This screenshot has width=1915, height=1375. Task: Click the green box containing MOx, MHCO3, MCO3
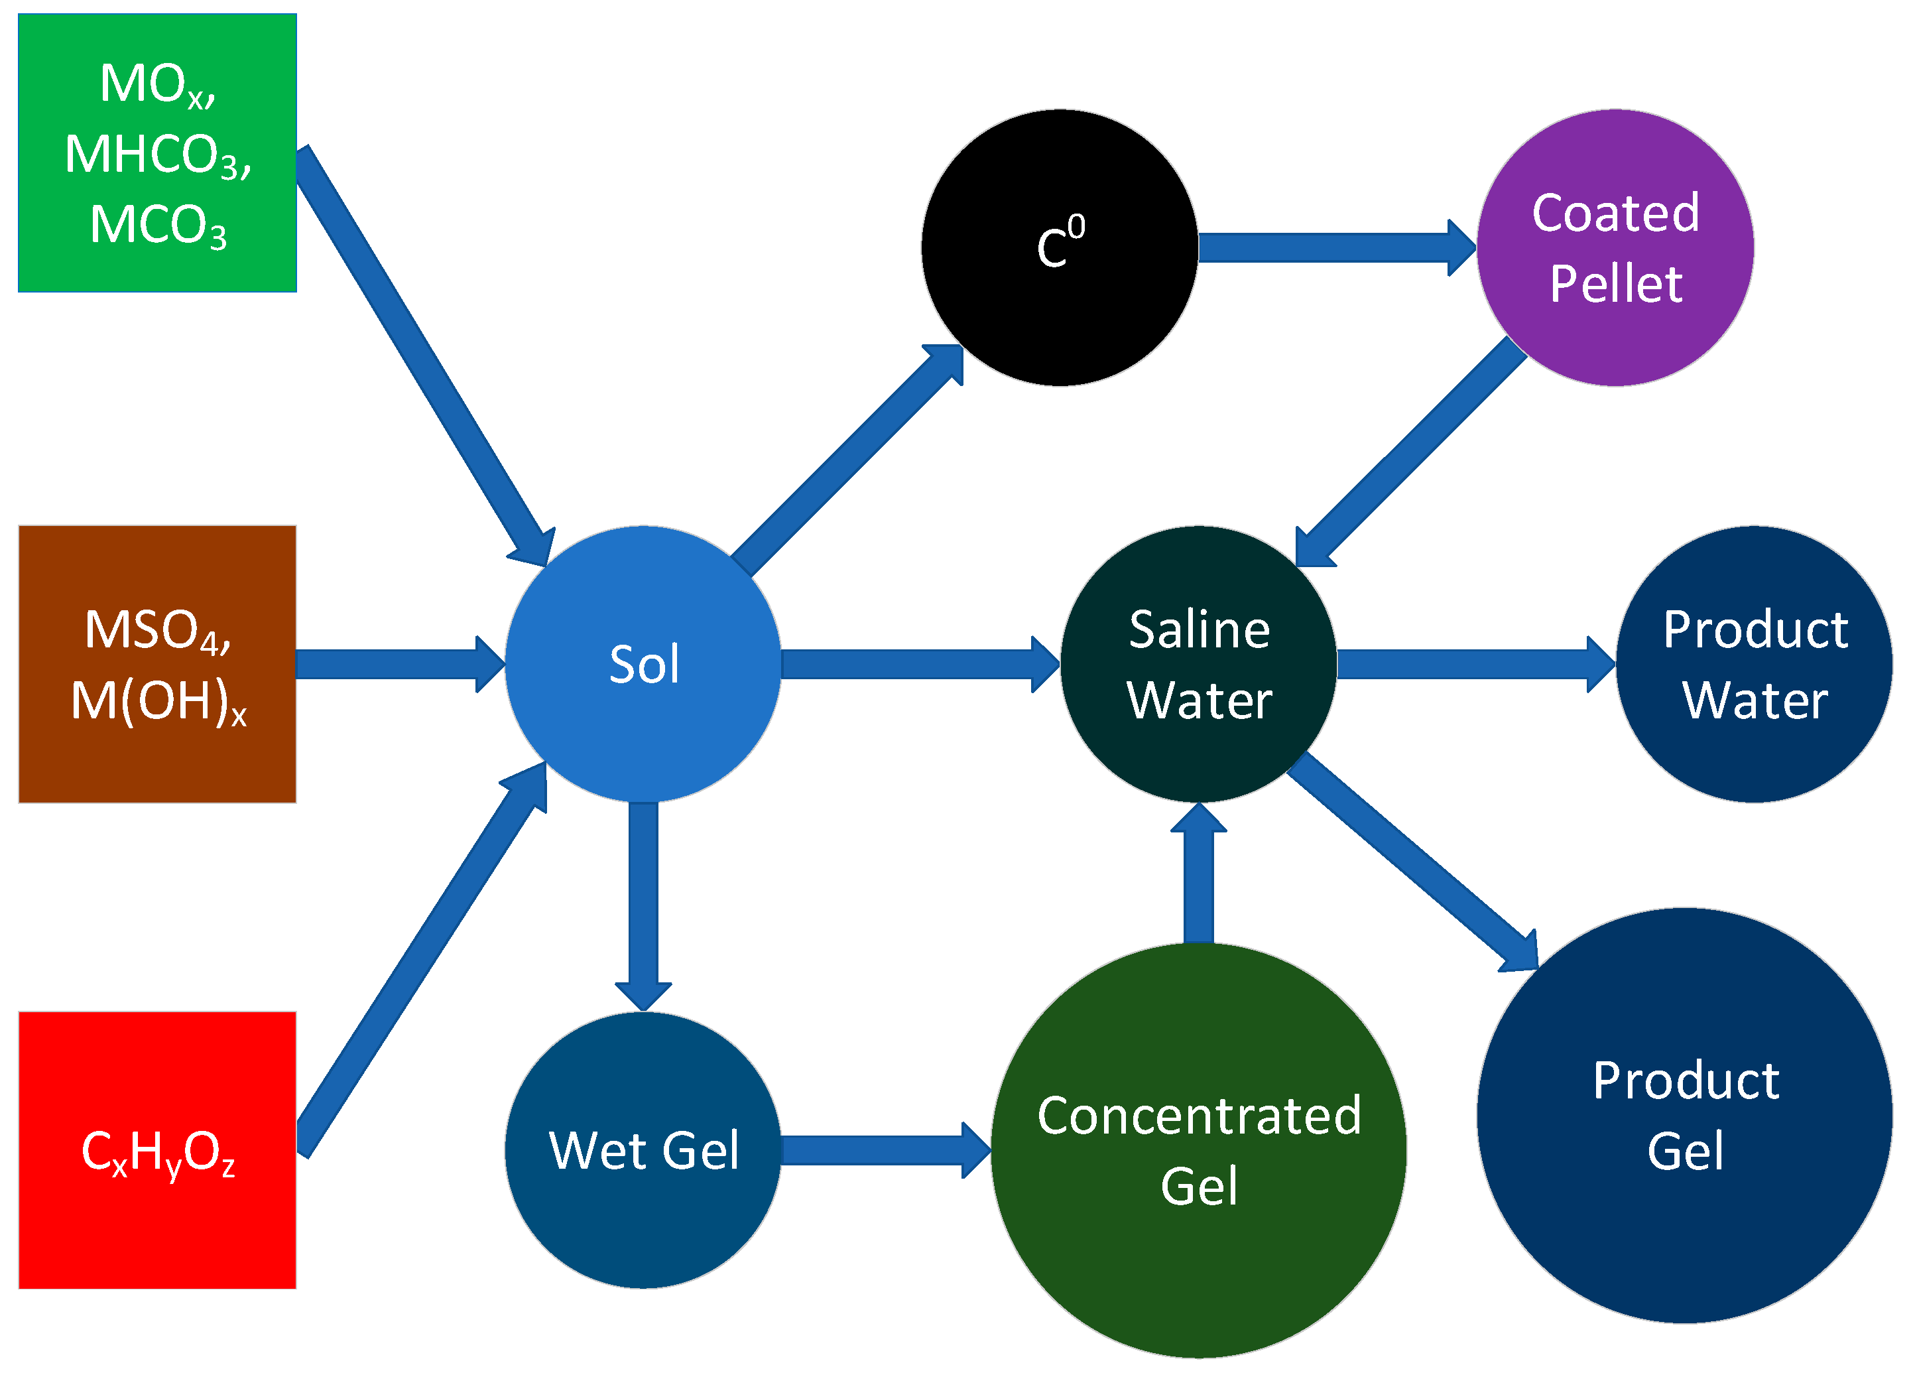click(157, 152)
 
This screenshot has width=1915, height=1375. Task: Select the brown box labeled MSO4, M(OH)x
click(157, 664)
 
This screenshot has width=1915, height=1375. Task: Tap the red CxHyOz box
click(157, 1150)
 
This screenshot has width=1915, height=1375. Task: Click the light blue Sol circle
click(643, 664)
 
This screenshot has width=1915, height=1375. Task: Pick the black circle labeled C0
click(1060, 247)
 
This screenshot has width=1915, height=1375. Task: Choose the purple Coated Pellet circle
click(1615, 247)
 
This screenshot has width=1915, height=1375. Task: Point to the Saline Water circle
click(1199, 664)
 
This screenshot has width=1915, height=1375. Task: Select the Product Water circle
click(1755, 664)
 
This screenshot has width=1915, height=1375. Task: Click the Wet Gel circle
click(643, 1150)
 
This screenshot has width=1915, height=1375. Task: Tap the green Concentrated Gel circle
click(1199, 1150)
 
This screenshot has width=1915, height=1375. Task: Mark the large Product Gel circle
click(1686, 1116)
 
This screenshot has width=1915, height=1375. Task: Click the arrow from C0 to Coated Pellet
click(1334, 247)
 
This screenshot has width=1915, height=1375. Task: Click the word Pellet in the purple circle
click(1615, 284)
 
